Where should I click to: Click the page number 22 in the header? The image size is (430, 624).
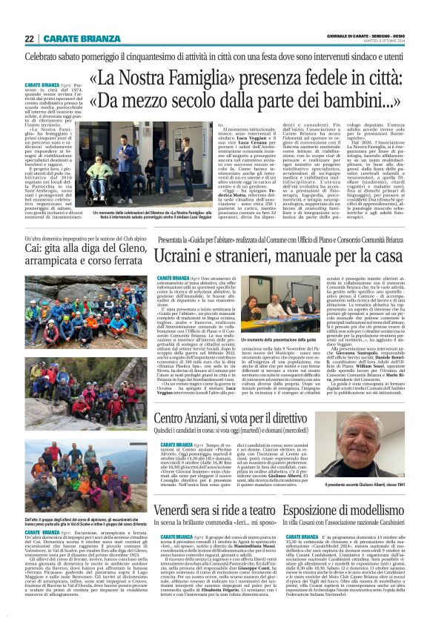[x=29, y=39]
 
